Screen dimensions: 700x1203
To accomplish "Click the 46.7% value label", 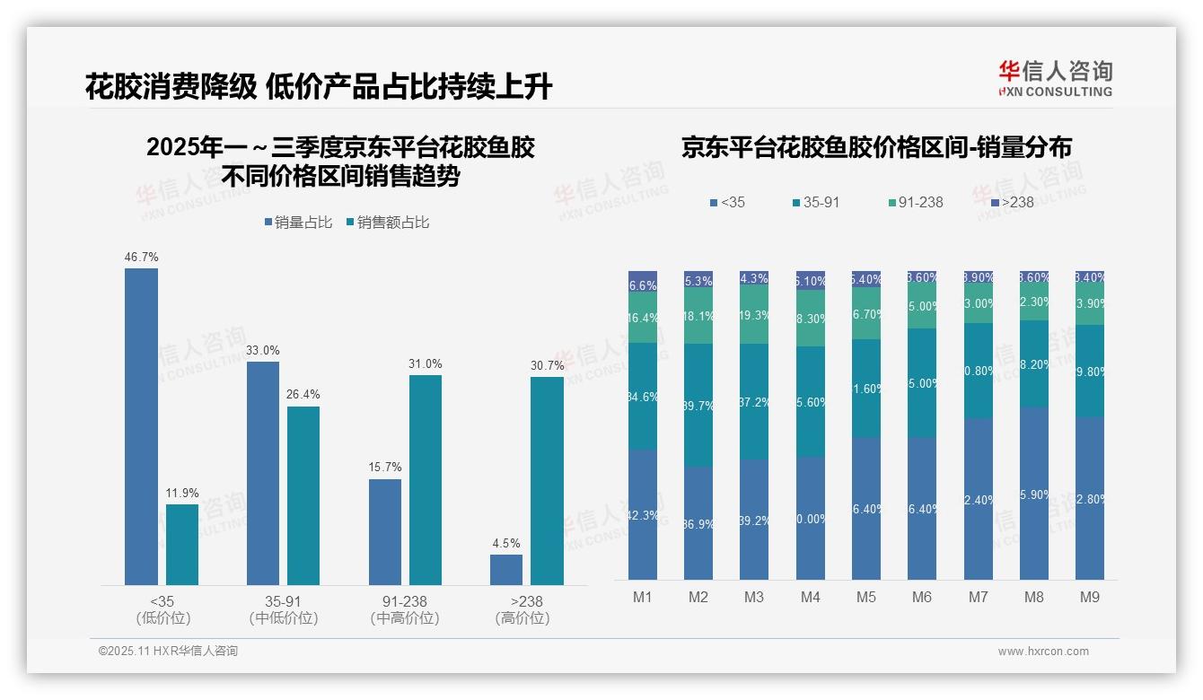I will click(x=141, y=257).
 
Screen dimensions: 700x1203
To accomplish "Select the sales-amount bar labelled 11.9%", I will click(x=182, y=544).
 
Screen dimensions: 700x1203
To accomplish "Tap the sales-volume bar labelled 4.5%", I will click(x=505, y=569).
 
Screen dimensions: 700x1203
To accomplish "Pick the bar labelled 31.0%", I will click(x=426, y=479).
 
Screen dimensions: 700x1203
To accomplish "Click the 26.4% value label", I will click(x=303, y=394).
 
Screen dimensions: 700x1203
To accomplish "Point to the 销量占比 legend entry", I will click(x=300, y=223).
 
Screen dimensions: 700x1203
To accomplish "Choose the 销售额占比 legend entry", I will click(x=387, y=223).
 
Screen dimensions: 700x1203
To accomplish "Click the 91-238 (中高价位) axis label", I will click(x=404, y=609).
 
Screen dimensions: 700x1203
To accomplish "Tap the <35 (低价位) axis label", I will click(x=162, y=609).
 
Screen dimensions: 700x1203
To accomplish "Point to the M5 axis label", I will click(x=865, y=597).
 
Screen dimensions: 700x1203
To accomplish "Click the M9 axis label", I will click(x=1089, y=597).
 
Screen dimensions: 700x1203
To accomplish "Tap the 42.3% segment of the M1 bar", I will click(x=643, y=514).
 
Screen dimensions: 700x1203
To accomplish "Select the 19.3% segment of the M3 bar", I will click(x=754, y=314).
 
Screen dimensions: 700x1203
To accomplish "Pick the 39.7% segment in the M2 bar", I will click(x=698, y=405).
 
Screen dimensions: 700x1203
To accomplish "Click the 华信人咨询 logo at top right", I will click(x=1055, y=79).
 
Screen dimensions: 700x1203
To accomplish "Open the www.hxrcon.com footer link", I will click(x=1043, y=652).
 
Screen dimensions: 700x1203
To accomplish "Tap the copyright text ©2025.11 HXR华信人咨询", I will click(x=168, y=652).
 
